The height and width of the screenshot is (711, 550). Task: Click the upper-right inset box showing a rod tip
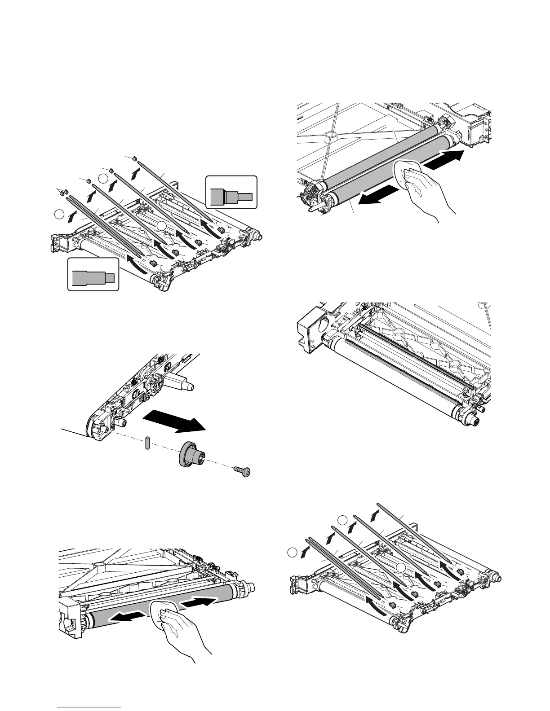click(x=231, y=192)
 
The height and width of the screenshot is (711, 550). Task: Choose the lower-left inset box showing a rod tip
click(x=93, y=274)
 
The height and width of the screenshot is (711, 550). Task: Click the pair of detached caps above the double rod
click(x=62, y=192)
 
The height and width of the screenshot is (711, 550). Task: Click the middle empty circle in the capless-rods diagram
click(x=342, y=521)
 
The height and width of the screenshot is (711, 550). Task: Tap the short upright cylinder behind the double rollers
click(x=331, y=136)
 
